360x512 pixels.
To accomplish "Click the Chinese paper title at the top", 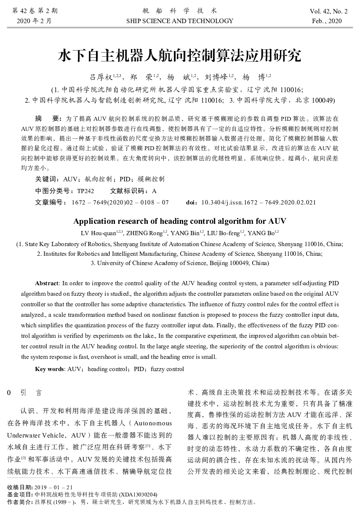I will (179, 55).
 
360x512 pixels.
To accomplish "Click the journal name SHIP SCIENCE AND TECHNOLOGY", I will (179, 21).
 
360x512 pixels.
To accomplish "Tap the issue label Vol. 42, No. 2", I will (328, 11).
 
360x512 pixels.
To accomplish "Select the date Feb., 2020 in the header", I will (327, 21).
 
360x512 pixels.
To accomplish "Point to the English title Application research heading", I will (179, 221).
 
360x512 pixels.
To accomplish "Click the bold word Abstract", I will (48, 283).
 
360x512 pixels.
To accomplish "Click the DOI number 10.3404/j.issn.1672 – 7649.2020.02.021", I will (259, 202).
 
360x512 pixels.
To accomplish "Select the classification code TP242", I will (85, 191).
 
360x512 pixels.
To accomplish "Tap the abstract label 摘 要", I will (48, 119).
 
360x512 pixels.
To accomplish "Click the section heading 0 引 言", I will (25, 393).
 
